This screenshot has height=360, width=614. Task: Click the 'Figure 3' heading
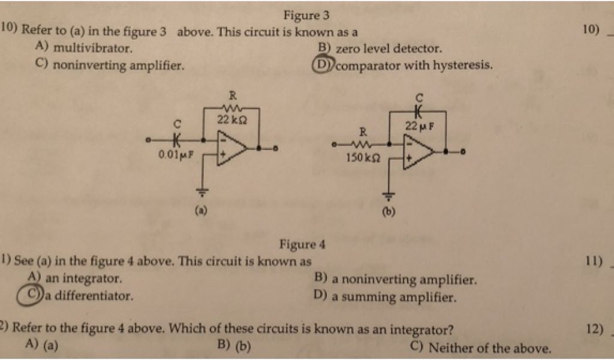307,16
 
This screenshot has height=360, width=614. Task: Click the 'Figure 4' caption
302,244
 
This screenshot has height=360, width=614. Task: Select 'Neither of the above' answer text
489,347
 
